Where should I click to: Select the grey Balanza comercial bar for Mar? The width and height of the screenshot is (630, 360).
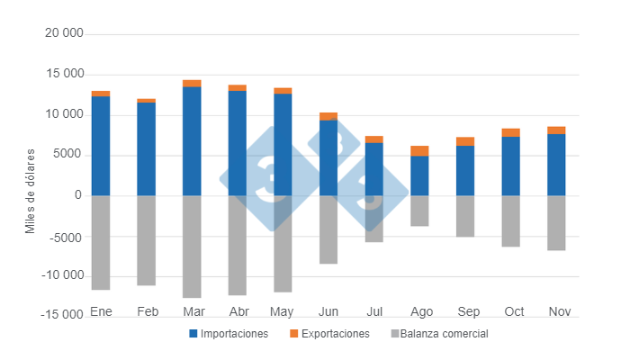click(x=192, y=246)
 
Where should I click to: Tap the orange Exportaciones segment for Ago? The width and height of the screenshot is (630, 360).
click(x=419, y=151)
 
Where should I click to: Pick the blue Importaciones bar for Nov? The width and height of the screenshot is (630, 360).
click(x=556, y=165)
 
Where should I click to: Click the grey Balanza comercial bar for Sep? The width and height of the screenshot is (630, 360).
click(x=465, y=216)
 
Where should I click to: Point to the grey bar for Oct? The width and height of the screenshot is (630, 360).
click(x=510, y=220)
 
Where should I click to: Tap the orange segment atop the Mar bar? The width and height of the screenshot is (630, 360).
click(x=192, y=84)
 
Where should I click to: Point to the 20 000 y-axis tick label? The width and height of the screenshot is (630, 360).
click(x=64, y=33)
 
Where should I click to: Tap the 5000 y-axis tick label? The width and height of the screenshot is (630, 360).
click(x=69, y=155)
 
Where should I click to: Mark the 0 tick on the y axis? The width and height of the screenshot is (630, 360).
click(x=78, y=195)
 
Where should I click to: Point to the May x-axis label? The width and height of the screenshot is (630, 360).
click(x=283, y=311)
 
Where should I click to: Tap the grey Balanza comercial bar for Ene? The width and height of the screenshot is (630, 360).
click(x=101, y=242)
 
